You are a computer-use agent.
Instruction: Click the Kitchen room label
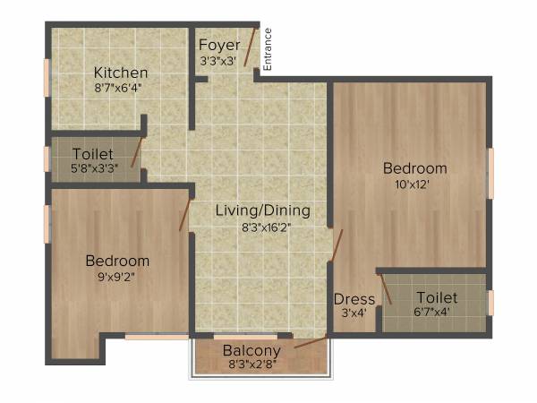coord(122,73)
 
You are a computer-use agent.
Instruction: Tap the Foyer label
coord(218,46)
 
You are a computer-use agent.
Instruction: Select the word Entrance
coord(267,49)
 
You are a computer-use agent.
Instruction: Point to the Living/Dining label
coord(262,211)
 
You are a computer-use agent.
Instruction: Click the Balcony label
coord(251,350)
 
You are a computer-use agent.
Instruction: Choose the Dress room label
coord(354,299)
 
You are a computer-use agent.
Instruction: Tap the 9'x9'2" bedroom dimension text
coord(117,277)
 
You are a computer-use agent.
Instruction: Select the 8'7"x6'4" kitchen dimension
coord(118,89)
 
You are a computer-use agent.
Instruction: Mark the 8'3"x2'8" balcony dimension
coord(251,365)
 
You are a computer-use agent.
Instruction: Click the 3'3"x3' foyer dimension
coord(218,61)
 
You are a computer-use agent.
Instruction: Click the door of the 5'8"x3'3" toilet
coord(137,151)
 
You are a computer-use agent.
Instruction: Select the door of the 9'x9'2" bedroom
coord(185,214)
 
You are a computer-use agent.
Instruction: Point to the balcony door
coord(311,339)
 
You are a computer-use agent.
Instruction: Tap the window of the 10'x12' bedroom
coord(490,173)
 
